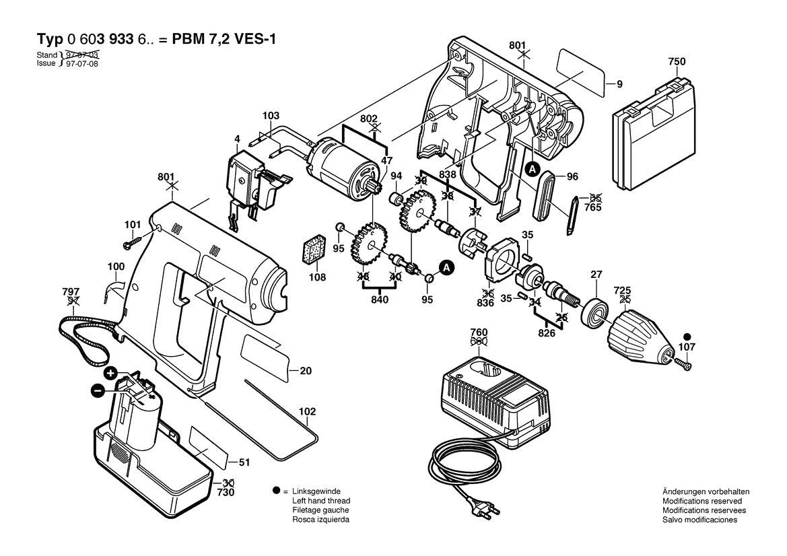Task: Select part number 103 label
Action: (x=271, y=116)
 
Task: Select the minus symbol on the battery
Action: (x=98, y=390)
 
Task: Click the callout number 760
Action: (x=479, y=332)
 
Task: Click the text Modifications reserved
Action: (x=702, y=501)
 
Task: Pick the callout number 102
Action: (x=307, y=411)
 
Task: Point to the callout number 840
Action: (x=380, y=300)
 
